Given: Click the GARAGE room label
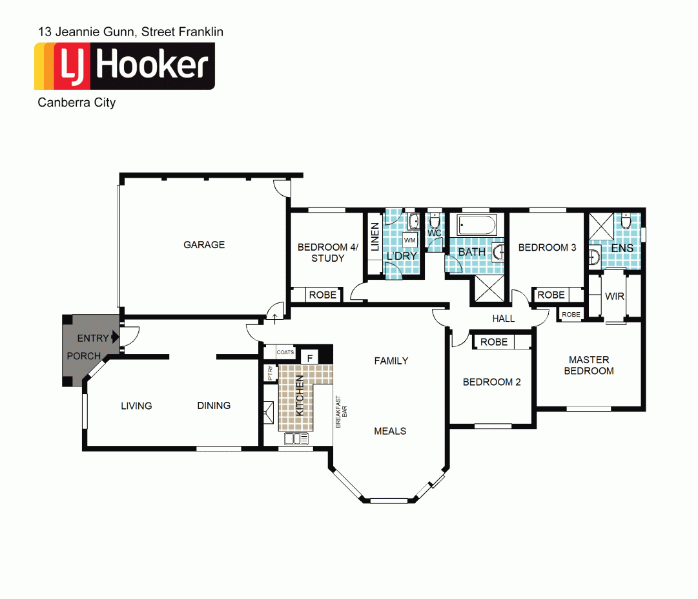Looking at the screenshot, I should click(204, 245).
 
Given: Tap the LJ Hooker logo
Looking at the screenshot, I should click(125, 66).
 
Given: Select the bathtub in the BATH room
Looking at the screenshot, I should click(477, 226).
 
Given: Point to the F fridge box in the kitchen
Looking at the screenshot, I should click(310, 357).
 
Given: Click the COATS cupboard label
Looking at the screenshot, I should click(285, 353).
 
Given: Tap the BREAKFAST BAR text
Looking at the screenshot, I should click(340, 412).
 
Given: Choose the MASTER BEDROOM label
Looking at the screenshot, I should click(589, 365).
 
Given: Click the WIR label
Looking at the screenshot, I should click(614, 297).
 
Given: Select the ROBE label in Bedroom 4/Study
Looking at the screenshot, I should click(323, 295).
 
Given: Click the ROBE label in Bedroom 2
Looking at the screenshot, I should click(494, 342).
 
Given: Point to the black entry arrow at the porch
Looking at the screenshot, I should click(115, 337).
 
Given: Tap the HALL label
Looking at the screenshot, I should click(504, 319).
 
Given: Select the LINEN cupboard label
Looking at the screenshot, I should click(375, 236).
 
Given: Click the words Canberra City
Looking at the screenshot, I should click(77, 102).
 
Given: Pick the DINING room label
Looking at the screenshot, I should click(214, 406).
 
